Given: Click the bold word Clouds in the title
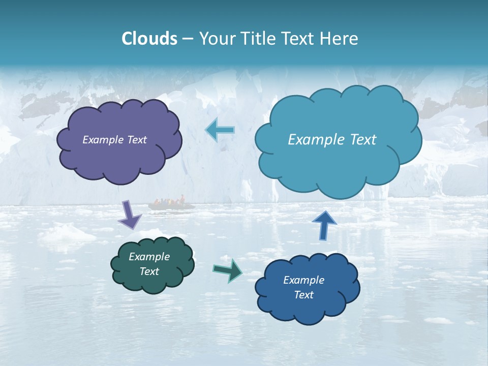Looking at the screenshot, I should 149,39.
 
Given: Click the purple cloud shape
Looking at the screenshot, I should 119,140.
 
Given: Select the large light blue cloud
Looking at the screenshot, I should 338,140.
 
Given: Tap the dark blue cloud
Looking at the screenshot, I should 307,288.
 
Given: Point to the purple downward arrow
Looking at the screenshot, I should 130,215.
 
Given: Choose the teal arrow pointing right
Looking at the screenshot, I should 227,270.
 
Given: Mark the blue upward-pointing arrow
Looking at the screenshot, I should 324,225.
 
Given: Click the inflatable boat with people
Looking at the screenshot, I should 171,204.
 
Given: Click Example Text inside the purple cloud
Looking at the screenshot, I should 114,140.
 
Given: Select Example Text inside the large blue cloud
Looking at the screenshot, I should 332,140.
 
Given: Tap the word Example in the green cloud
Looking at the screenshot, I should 149,257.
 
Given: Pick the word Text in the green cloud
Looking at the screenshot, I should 149,271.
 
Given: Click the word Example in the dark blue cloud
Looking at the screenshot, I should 303,280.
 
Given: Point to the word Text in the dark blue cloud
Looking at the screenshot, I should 303,295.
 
